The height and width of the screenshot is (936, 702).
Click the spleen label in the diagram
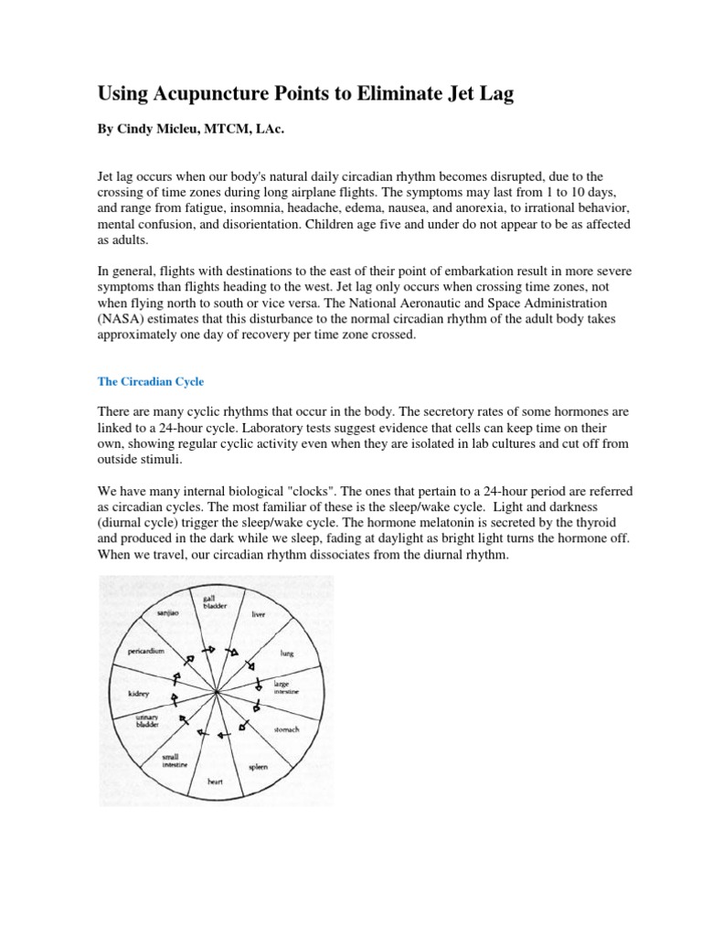258,767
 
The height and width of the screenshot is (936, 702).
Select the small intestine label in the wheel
175,760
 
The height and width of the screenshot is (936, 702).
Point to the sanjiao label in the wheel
169,617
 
